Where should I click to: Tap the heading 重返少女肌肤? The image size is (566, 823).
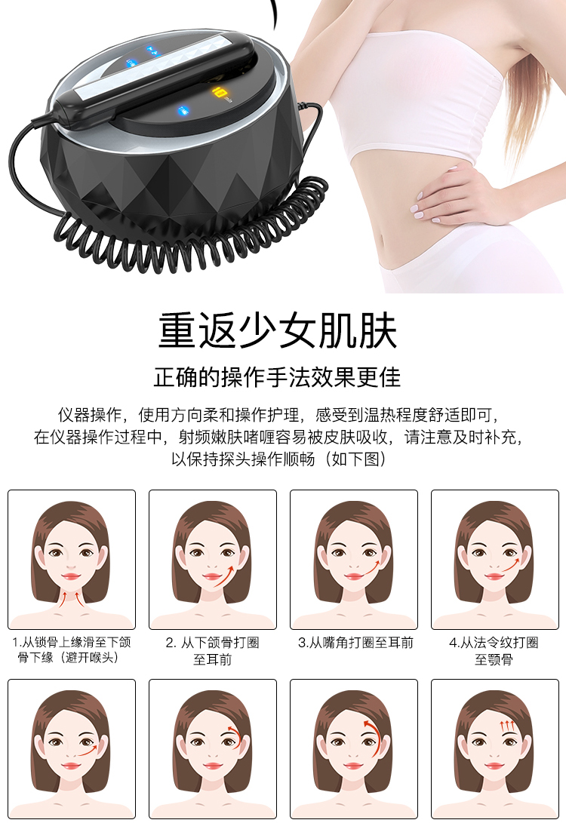(x=278, y=330)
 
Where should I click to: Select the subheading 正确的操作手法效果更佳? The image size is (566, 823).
(x=277, y=377)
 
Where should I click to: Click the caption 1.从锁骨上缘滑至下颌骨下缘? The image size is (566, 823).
(x=72, y=649)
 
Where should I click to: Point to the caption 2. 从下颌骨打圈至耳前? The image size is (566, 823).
(x=213, y=651)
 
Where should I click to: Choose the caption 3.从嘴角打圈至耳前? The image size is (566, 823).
(x=355, y=643)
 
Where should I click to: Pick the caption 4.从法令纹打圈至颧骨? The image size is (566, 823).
(x=494, y=651)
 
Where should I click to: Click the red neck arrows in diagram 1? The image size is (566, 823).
(x=71, y=598)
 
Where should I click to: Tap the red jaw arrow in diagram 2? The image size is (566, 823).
(x=223, y=576)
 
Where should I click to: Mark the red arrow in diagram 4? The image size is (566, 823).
(x=510, y=565)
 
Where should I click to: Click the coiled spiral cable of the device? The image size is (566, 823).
(x=189, y=231)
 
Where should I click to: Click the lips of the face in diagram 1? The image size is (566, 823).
(x=71, y=577)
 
